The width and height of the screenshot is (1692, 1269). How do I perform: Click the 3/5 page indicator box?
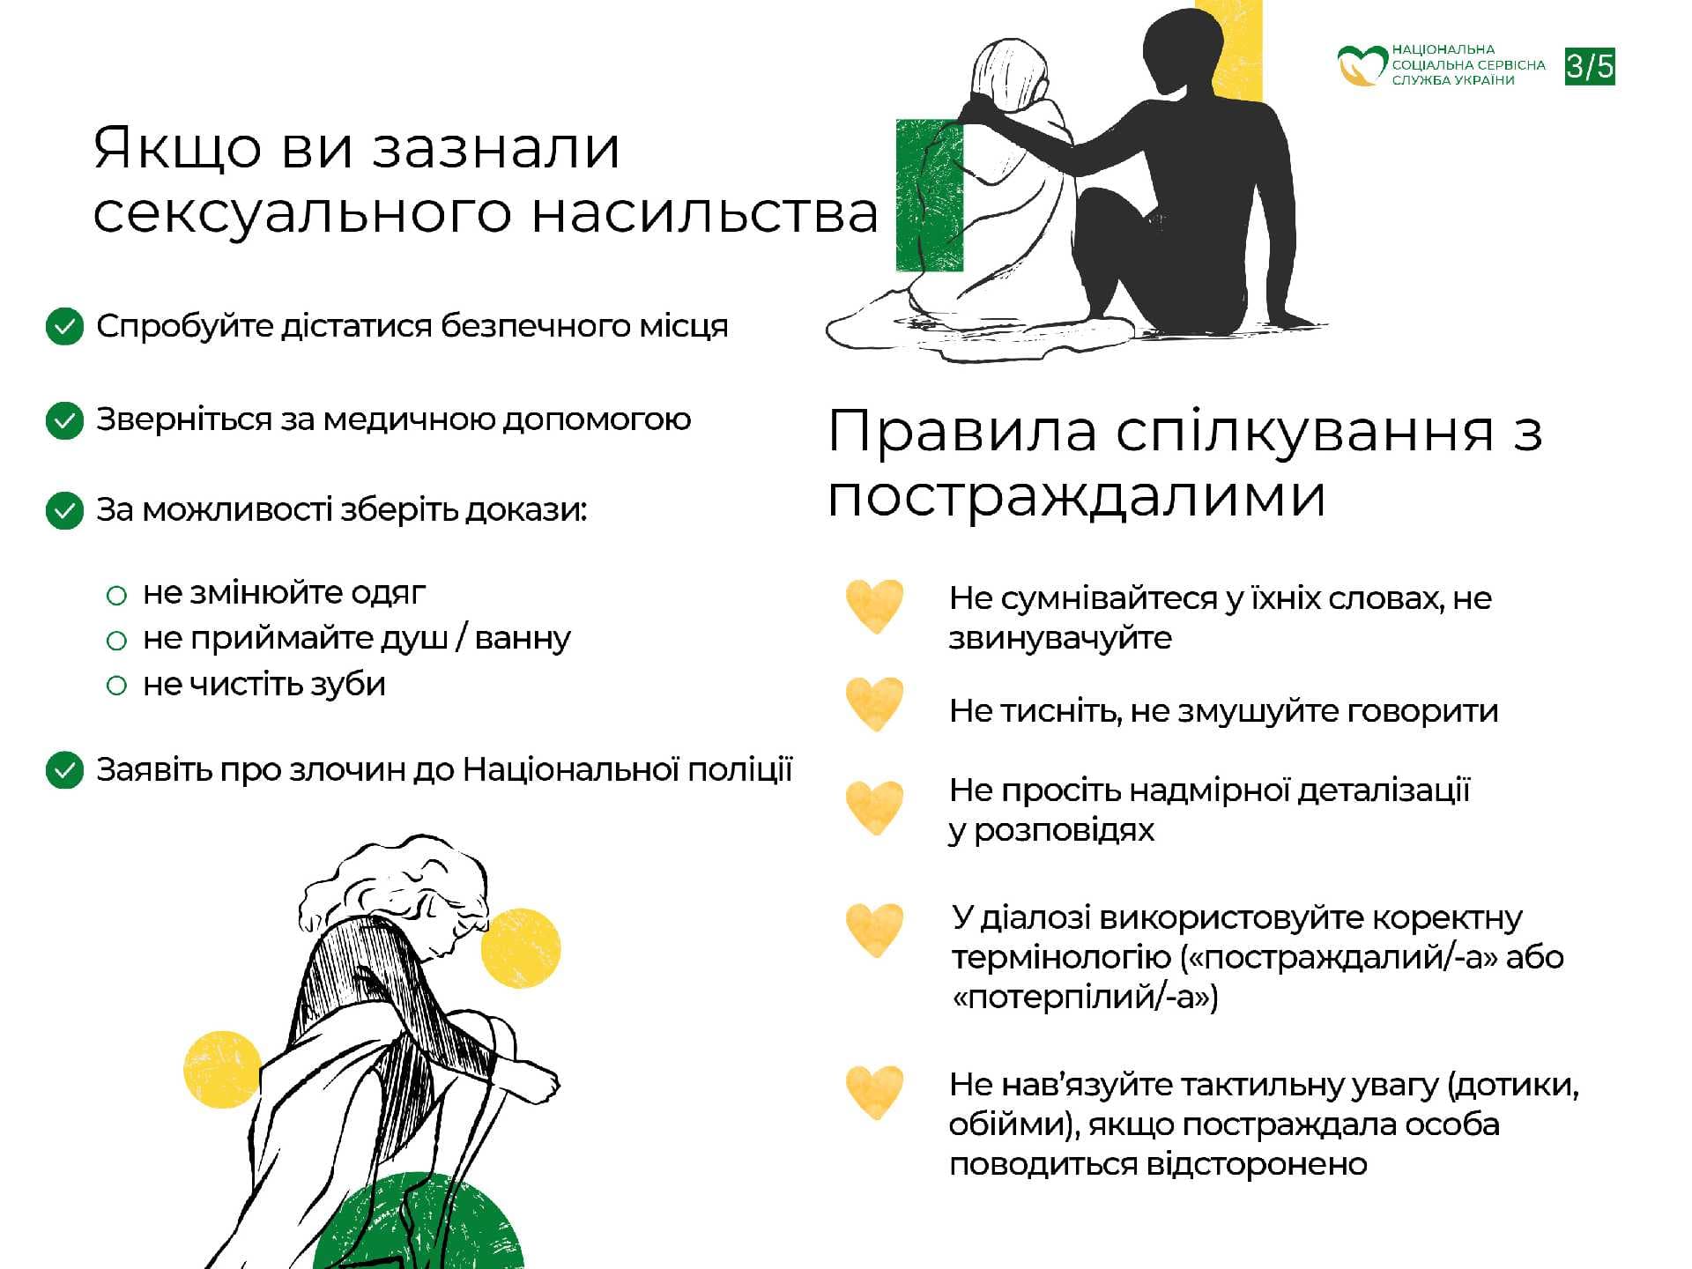click(x=1590, y=67)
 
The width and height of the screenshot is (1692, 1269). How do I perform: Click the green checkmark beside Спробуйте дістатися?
click(x=64, y=327)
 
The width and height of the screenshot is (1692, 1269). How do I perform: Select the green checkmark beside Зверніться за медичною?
click(x=64, y=420)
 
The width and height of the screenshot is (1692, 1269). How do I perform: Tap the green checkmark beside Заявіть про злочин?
click(x=64, y=770)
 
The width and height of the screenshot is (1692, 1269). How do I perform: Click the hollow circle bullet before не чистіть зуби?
click(x=116, y=686)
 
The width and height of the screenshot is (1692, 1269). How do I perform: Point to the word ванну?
click(x=523, y=638)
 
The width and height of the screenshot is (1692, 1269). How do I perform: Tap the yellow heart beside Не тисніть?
click(x=874, y=704)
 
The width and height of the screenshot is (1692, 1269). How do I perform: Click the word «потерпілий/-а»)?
click(x=1085, y=998)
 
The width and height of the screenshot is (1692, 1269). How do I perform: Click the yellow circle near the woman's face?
click(x=521, y=948)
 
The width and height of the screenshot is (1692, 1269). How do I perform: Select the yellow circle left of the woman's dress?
click(x=221, y=1069)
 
